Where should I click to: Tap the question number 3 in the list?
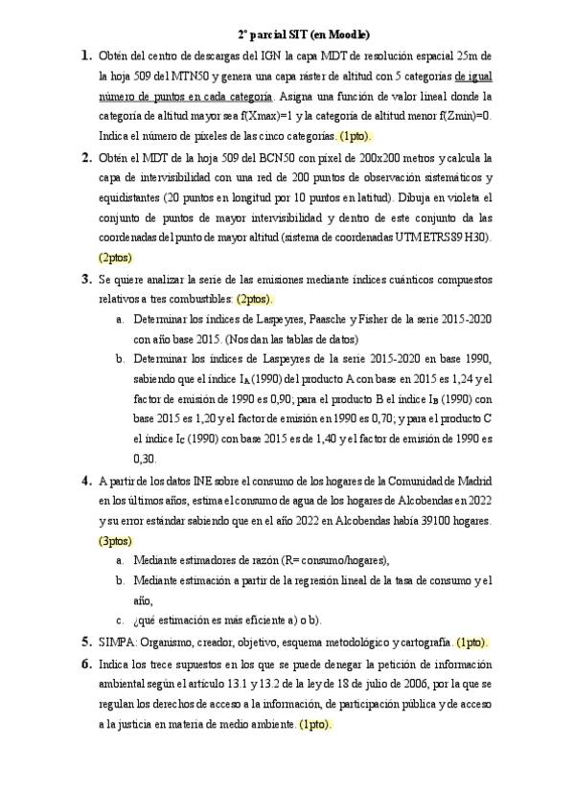tap(86, 280)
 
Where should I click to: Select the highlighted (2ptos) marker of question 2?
tap(115, 257)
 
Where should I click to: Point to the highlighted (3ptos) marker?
tap(115, 541)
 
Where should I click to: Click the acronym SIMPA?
tap(120, 642)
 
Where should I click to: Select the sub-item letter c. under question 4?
tap(119, 620)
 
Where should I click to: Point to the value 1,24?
tap(465, 379)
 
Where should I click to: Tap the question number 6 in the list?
tap(86, 664)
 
